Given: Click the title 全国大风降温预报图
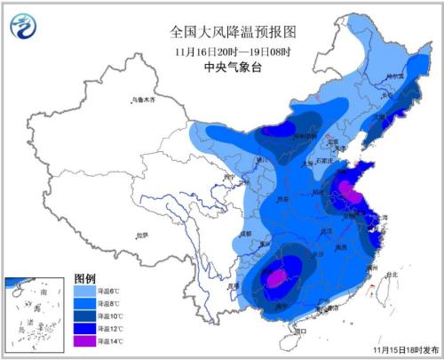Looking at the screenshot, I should pos(234,31).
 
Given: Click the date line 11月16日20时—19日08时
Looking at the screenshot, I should pos(234,50).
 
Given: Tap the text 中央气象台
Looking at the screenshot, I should pos(234,66).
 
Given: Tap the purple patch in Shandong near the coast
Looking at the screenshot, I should pos(350,190).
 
